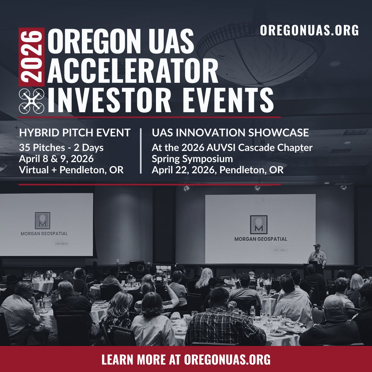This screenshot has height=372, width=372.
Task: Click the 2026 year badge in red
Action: (31, 57)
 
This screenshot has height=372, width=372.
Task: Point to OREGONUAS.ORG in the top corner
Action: (309, 30)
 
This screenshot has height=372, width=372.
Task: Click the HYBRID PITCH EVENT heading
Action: (75, 133)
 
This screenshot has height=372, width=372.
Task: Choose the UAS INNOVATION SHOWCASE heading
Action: (230, 133)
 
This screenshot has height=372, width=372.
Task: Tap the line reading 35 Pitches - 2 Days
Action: (61, 148)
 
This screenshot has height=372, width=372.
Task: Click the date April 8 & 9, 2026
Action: (56, 159)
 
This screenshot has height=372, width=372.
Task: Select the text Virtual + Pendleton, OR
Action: (71, 170)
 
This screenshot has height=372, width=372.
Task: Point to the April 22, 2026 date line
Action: (217, 170)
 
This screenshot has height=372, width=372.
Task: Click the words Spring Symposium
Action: (192, 159)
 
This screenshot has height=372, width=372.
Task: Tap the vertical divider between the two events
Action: (141, 151)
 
